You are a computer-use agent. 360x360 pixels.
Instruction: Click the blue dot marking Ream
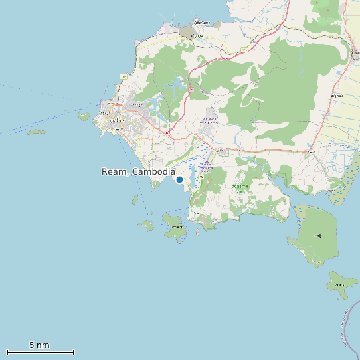tap(179, 179)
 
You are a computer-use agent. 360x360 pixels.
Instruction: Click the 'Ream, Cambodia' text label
tap(138, 171)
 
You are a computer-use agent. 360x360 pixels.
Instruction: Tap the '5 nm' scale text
tap(39, 345)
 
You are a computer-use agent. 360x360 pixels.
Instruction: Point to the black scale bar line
tap(40, 352)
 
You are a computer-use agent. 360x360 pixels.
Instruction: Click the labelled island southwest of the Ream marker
tap(175, 226)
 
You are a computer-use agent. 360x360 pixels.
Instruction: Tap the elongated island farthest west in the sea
tap(36, 132)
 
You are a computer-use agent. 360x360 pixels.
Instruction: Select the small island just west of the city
tap(84, 116)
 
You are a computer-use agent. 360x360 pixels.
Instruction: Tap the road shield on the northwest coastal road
tap(123, 77)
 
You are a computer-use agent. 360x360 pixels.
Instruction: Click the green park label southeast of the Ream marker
tap(240, 187)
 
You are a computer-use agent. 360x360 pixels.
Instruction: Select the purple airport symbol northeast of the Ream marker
tap(208, 162)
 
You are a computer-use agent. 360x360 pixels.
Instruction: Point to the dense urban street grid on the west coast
tap(123, 123)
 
